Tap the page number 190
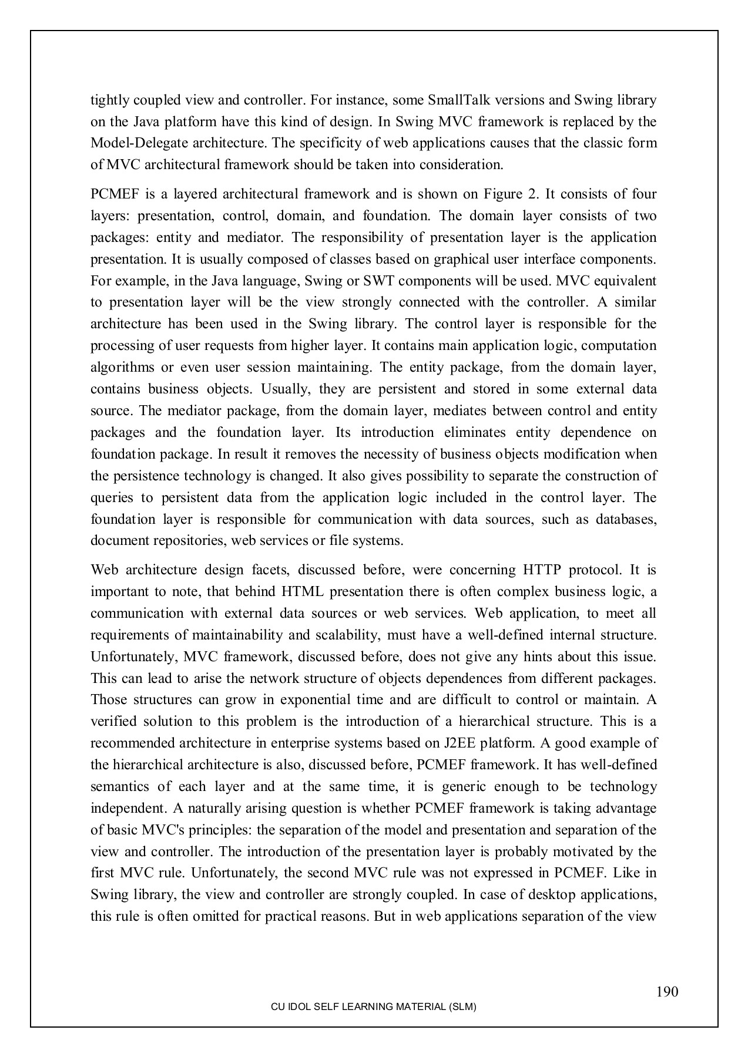(667, 992)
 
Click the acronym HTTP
(540, 570)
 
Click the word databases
(626, 519)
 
